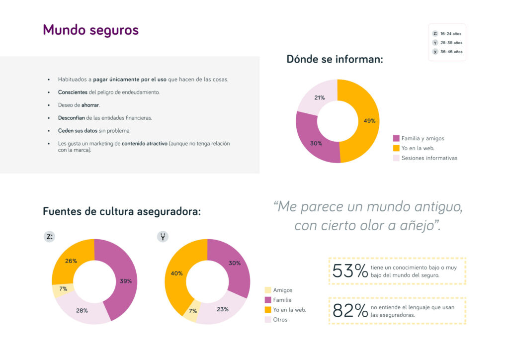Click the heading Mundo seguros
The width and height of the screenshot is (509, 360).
pos(90,30)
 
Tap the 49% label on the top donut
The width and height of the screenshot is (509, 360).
pos(369,121)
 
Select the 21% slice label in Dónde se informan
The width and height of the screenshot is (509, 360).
pos(319,98)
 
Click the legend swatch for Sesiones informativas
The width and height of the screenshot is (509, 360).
pos(396,158)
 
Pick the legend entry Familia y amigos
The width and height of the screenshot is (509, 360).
pos(423,138)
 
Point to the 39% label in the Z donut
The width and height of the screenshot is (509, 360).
pos(126,281)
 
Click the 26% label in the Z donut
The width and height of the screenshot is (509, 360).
pos(71,261)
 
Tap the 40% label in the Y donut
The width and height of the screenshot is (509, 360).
pos(177,273)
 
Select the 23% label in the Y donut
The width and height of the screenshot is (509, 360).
pos(222,309)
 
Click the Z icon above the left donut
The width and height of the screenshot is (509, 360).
pos(50,237)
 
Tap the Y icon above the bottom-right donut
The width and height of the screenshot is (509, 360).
pos(163,237)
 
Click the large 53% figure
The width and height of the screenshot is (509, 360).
pos(350,271)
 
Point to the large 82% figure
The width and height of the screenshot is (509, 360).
pos(350,311)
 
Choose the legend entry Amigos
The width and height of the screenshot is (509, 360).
pos(282,290)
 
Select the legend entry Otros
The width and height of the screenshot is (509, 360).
pos(280,320)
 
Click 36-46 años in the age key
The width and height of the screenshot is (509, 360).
pos(451,52)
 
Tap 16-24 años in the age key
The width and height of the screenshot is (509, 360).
pos(451,34)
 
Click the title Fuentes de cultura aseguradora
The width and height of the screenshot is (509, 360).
pos(122,211)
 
